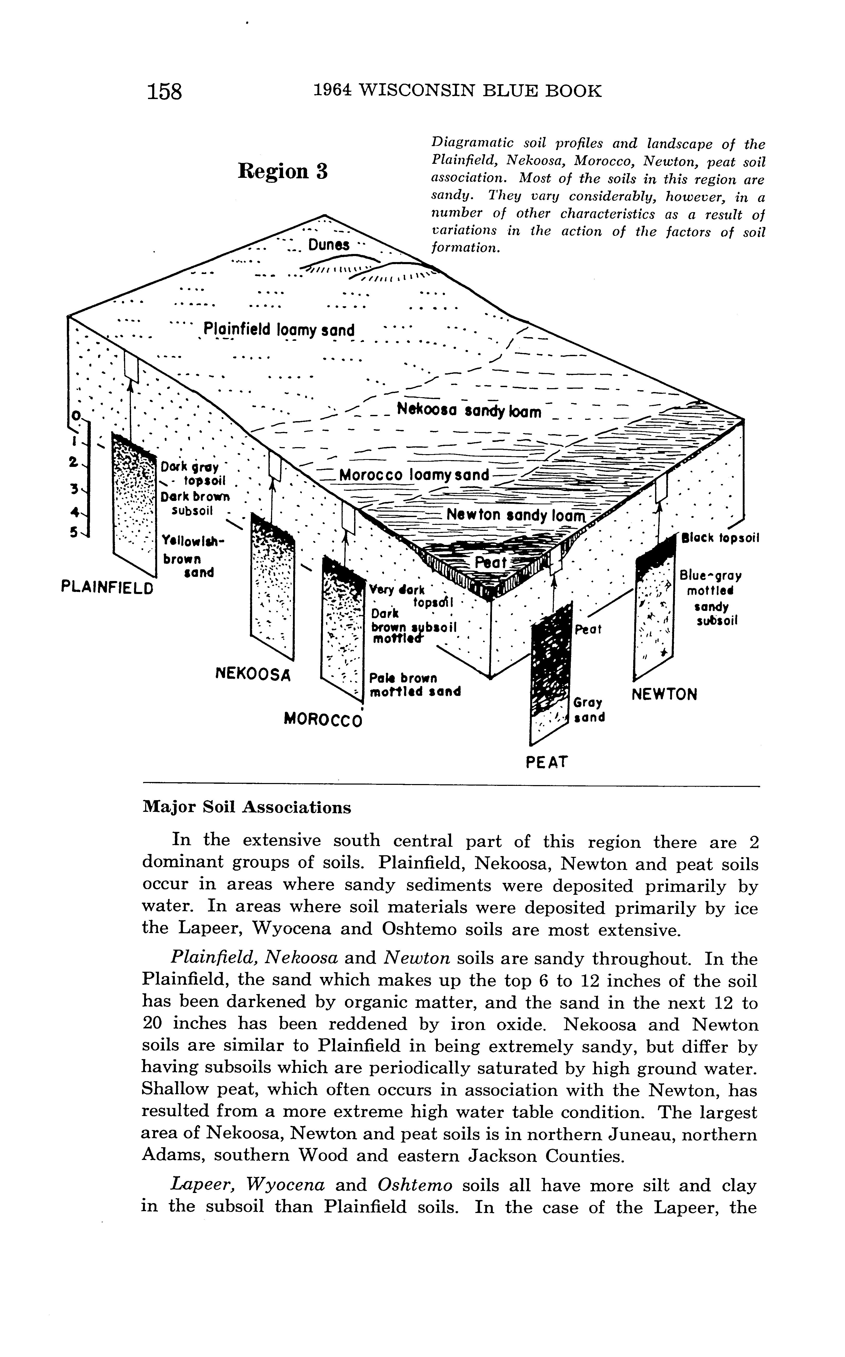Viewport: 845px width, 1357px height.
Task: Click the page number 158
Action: pos(165,91)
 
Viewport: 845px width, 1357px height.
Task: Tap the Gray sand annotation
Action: pos(589,710)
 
